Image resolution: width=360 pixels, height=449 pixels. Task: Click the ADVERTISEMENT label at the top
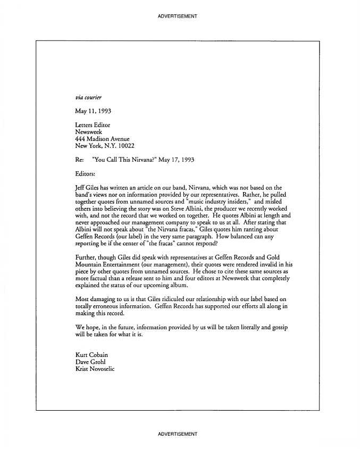pyautogui.click(x=178, y=16)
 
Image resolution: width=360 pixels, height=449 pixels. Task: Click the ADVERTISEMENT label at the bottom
pyautogui.click(x=178, y=434)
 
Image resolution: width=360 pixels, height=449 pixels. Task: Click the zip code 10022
pyautogui.click(x=125, y=146)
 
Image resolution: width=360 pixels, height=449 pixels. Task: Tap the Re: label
pyautogui.click(x=80, y=160)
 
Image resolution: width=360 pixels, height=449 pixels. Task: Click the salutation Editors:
pyautogui.click(x=86, y=173)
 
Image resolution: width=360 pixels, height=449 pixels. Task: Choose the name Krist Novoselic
pyautogui.click(x=95, y=369)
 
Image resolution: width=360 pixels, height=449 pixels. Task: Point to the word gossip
pyautogui.click(x=277, y=327)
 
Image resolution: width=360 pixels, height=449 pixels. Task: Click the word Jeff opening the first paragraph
pyautogui.click(x=81, y=188)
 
